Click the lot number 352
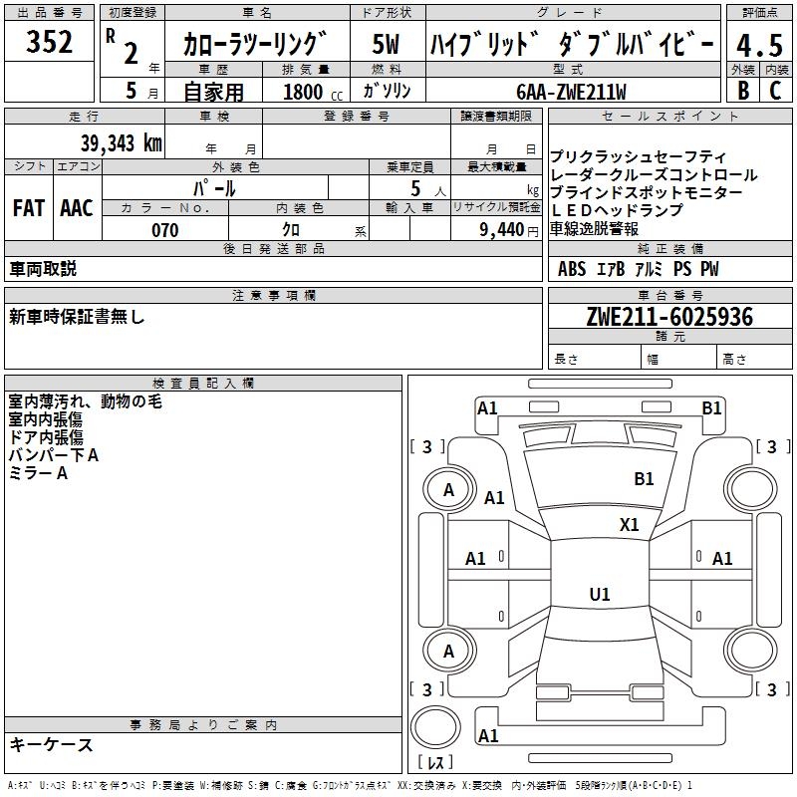point(49,43)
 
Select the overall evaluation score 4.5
point(758,45)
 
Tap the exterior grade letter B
point(742,90)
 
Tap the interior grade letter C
point(775,90)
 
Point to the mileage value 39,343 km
point(120,142)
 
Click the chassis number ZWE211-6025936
point(669,317)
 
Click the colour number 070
point(164,230)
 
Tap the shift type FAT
point(28,208)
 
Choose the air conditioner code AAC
point(76,208)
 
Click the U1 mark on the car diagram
point(600,595)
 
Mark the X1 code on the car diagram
point(630,525)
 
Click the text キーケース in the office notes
point(52,745)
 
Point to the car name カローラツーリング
point(255,45)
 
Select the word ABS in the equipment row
point(572,269)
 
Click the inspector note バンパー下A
point(54,455)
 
